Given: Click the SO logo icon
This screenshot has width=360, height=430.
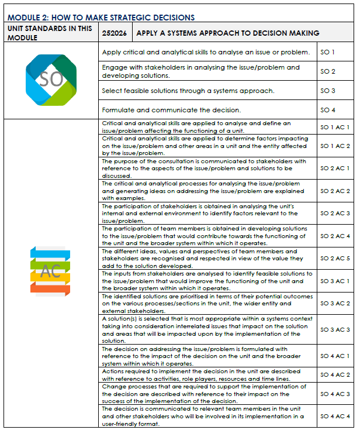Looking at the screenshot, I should point(51,80).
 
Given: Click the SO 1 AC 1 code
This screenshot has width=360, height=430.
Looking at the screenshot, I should point(335,127).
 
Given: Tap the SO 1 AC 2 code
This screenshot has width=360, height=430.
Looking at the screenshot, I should point(335,146).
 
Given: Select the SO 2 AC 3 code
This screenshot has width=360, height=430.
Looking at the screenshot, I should point(335,214).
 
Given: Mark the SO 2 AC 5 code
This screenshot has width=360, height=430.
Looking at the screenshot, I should point(335,258).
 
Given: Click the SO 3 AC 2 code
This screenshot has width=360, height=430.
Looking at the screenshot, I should point(335,304).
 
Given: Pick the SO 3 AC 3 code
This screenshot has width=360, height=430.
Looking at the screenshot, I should point(335,330).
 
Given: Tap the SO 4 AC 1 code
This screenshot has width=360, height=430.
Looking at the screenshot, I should point(335,356).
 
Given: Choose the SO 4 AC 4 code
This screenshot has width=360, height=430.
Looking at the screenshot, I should point(335,417).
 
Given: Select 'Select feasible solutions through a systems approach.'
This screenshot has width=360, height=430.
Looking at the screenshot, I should point(188,91).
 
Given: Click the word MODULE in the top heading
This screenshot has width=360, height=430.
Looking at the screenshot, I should point(21,18).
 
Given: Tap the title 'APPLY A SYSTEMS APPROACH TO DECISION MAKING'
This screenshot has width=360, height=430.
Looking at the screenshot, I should point(227,33).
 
